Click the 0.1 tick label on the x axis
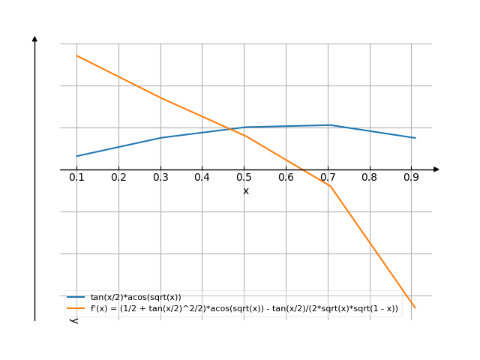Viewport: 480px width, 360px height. coord(76,177)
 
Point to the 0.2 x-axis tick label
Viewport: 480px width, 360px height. coord(118,177)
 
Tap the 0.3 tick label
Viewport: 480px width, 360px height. coord(160,177)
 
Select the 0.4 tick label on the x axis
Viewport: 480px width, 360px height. coord(202,177)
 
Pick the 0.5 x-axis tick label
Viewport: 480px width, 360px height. coord(244,177)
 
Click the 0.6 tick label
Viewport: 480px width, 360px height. coord(286,177)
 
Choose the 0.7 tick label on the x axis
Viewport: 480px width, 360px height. coord(328,177)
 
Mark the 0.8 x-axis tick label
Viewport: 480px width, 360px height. coord(370,177)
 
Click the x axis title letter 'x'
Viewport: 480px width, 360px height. coord(245,191)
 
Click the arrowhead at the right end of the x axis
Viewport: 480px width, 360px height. coord(436,169)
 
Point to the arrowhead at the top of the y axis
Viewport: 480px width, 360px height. coord(34,38)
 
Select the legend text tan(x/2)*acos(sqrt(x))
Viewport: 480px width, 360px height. coord(136,298)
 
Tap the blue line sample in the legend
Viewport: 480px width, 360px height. coord(76,298)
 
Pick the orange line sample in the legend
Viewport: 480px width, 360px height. coord(76,308)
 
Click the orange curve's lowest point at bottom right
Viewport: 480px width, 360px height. coord(415,307)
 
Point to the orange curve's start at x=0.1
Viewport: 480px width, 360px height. coord(76,55)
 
